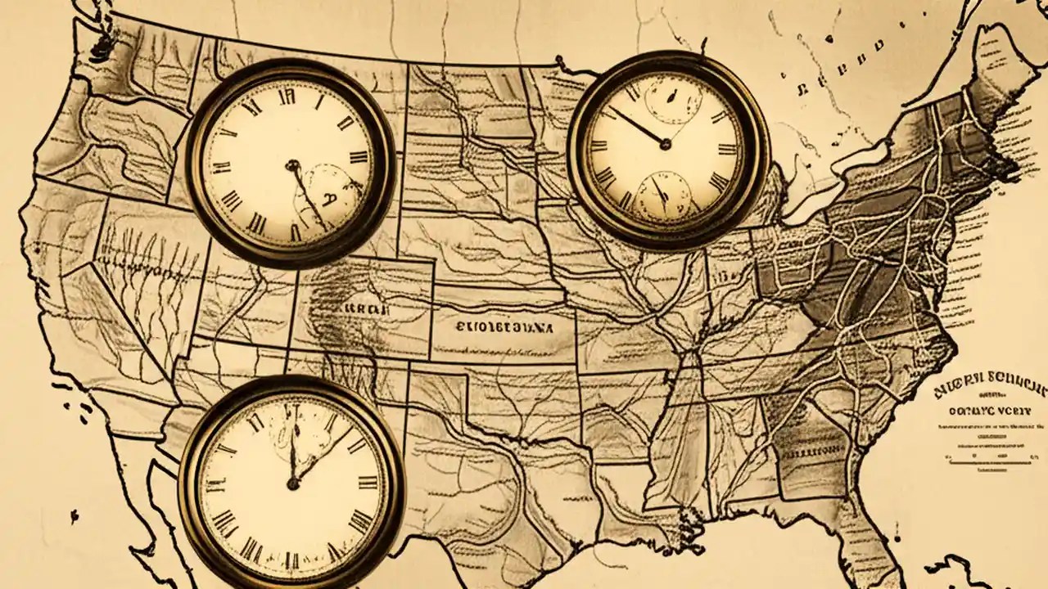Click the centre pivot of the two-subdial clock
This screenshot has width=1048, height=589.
pos(665,145)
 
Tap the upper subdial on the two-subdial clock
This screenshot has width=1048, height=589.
pos(672,100)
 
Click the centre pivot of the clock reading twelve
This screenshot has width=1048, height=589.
pos(291,484)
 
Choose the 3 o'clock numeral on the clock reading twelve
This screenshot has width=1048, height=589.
pos(364,483)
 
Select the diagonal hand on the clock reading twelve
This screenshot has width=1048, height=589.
pos(323,455)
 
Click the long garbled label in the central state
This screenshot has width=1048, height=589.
pos(504,326)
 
